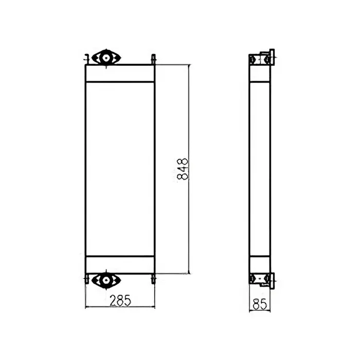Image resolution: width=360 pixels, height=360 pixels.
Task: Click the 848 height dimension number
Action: tap(183, 169)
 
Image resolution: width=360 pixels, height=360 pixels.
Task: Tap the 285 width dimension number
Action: tap(119, 299)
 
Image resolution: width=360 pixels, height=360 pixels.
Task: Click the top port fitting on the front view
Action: tap(106, 58)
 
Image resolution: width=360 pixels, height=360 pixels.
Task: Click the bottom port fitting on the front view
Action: tap(106, 280)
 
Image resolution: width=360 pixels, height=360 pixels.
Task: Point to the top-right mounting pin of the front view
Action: tap(153, 59)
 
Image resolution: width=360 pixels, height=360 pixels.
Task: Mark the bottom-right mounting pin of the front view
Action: tap(153, 279)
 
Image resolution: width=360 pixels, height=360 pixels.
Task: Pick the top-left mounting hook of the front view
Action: tap(87, 58)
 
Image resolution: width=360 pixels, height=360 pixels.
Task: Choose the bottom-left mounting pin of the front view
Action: tap(87, 279)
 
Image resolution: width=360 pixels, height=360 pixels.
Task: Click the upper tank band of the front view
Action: tap(120, 73)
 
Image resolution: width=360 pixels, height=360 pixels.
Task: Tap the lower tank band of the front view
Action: tap(120, 264)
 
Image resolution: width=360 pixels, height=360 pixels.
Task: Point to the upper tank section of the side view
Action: tap(259, 74)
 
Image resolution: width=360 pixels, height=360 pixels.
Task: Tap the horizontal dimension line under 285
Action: tap(120, 308)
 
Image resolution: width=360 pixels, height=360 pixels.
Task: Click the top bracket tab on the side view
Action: tap(272, 56)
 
